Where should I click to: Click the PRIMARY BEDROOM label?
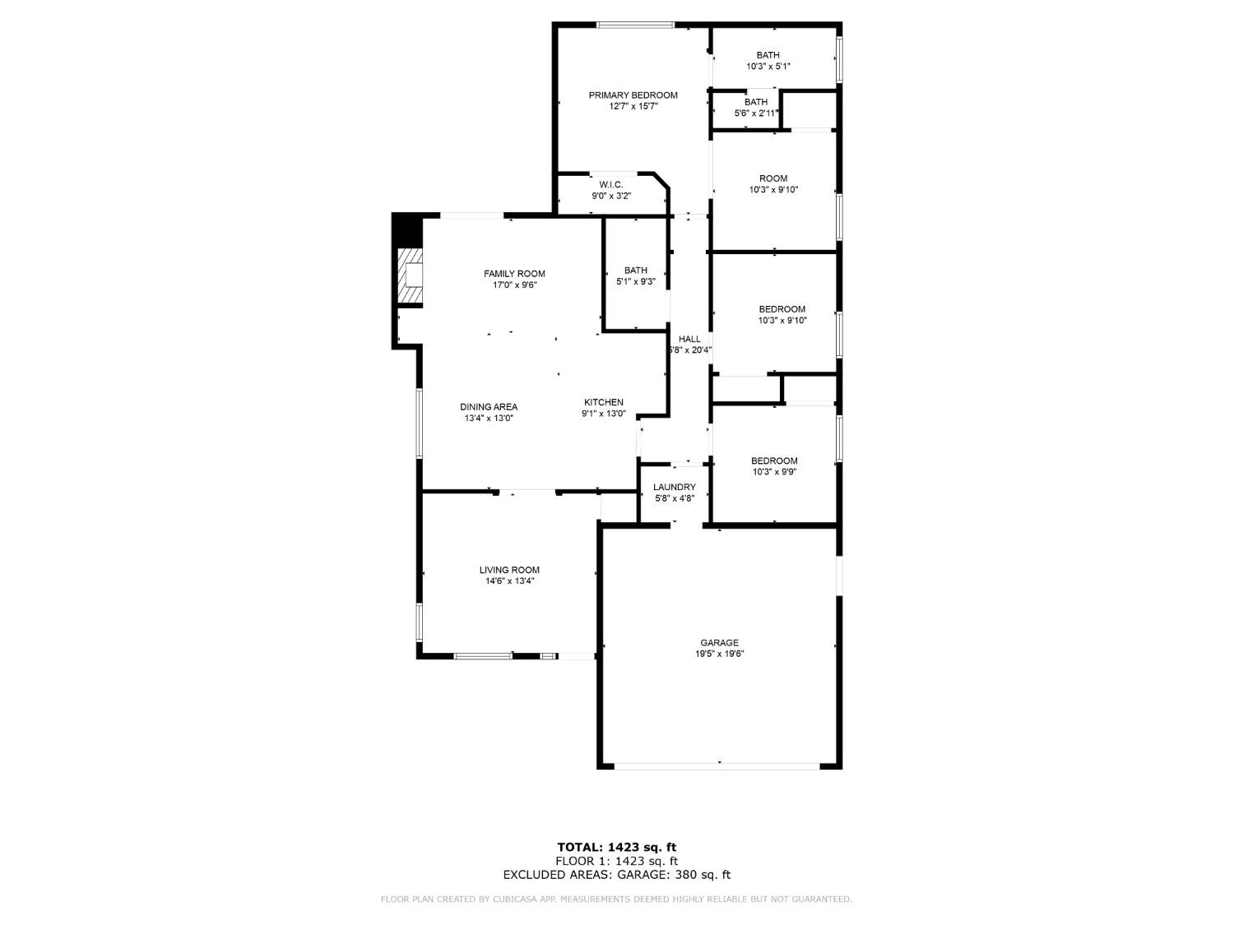point(633,95)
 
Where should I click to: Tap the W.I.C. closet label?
point(611,184)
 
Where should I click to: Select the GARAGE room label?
point(719,643)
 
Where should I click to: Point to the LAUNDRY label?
point(675,487)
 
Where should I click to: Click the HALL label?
point(689,339)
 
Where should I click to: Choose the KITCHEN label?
point(604,402)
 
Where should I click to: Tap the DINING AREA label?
point(489,407)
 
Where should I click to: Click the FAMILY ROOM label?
point(514,274)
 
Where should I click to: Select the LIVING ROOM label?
point(509,570)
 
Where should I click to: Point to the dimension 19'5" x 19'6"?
point(719,654)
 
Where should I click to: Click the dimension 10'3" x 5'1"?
point(768,67)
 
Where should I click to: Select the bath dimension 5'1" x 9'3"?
point(636,282)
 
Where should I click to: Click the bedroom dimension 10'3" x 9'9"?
point(773,472)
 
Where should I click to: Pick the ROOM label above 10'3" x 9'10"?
point(773,178)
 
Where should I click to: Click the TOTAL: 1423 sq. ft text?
point(617,847)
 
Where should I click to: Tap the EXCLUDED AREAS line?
point(617,875)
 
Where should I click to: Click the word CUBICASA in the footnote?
point(515,900)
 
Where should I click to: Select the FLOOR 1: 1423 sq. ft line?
point(617,861)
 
